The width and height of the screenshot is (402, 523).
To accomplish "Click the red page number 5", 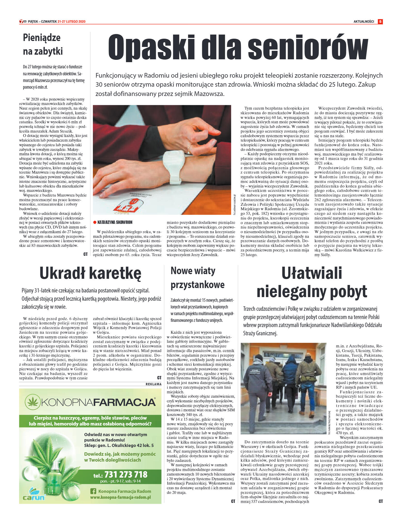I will point(380,22).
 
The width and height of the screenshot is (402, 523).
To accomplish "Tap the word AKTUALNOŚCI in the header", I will point(364,22).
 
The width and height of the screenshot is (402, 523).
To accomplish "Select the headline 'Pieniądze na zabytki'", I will point(43,44).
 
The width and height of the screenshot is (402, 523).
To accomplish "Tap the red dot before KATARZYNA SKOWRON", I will point(95,222).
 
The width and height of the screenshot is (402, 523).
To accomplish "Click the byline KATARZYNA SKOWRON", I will point(115,222).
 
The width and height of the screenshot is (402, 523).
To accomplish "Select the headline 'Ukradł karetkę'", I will point(90,273).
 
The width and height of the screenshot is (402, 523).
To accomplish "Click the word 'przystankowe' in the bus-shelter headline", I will point(198,285).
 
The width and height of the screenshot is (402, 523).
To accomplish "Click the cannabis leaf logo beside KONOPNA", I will point(33,402).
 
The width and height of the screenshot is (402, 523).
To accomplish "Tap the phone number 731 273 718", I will point(126,474).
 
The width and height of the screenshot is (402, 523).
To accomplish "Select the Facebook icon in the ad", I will point(93,491).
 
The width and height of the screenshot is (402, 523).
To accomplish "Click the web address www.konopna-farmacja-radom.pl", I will point(120,497).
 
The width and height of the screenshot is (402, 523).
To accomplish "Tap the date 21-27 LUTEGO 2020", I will point(71,22).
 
